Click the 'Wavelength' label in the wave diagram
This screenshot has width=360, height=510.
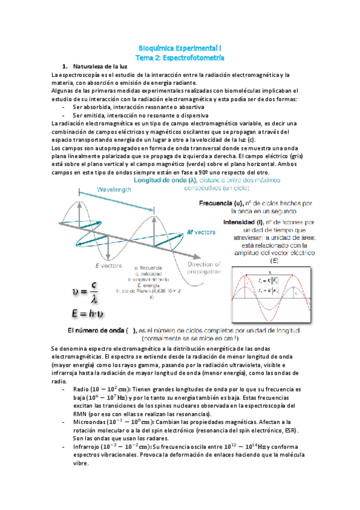coord(98,188)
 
